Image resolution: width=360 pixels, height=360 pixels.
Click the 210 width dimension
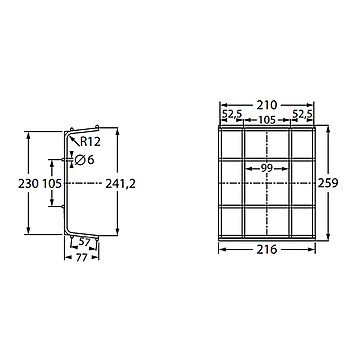[x=267, y=105]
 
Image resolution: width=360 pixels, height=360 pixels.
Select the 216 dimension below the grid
[x=267, y=249]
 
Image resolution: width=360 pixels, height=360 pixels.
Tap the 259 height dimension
[x=328, y=183]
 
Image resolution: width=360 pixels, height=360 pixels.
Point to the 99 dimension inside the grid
[x=267, y=168]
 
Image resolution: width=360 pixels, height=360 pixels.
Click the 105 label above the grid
[x=267, y=120]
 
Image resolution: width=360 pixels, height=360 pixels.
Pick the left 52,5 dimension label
[x=232, y=114]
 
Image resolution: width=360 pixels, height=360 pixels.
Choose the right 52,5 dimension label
[x=302, y=114]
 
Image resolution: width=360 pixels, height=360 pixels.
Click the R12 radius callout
[x=90, y=142]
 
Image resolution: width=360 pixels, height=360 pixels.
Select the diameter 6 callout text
[x=84, y=160]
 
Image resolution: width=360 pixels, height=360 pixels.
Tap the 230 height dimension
[x=28, y=184]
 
